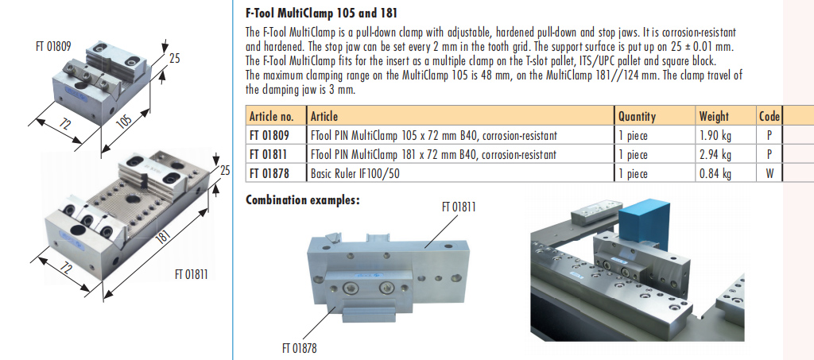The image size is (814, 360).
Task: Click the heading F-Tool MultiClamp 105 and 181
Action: (321, 13)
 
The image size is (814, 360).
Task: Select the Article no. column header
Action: (272, 116)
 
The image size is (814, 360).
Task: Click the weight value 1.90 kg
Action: (715, 136)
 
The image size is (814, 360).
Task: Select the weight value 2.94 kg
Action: (715, 155)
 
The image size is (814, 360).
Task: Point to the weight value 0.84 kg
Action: (715, 173)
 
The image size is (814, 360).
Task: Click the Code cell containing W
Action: (769, 173)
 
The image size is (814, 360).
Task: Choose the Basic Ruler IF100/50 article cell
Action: (355, 173)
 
